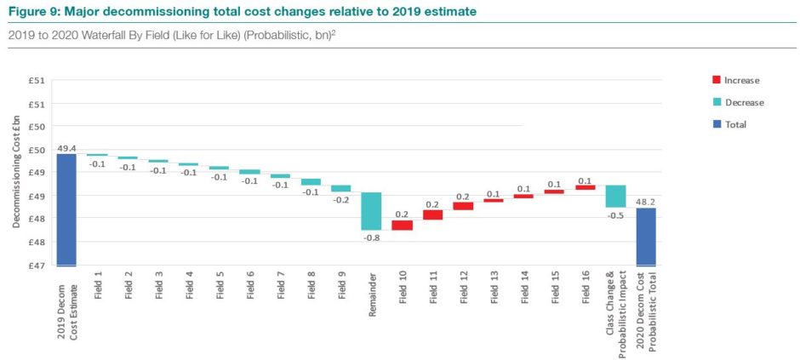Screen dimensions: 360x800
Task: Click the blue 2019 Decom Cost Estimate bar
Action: pos(66,209)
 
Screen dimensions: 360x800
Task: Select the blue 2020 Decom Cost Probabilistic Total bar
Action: pos(646,236)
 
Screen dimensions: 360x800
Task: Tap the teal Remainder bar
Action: pos(371,211)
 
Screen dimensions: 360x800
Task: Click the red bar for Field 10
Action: pos(402,226)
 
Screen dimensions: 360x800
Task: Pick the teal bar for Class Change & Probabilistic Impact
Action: pos(615,197)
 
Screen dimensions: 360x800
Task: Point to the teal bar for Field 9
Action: pos(340,188)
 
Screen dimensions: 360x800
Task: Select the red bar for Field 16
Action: pos(585,187)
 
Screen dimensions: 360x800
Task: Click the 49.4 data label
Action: pos(66,147)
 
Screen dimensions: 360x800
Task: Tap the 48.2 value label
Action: pos(646,203)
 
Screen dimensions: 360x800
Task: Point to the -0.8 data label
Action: pos(371,237)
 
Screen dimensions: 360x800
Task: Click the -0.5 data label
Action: pos(615,216)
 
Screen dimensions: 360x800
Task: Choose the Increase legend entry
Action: pos(740,80)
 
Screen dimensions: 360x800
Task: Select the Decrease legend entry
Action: pos(743,102)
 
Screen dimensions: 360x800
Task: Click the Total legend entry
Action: pos(734,124)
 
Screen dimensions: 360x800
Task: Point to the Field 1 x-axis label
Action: pos(98,289)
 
